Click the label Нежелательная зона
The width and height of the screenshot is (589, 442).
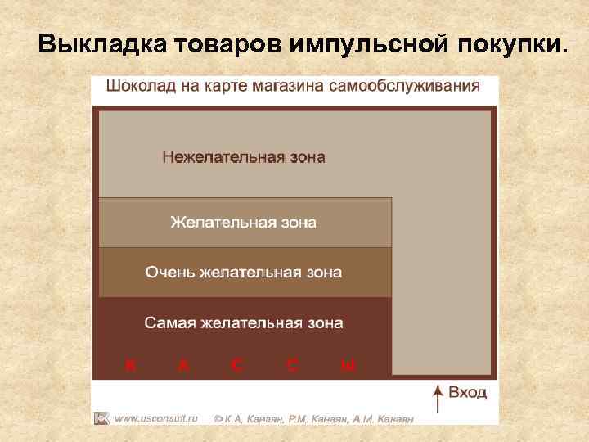(x=243, y=156)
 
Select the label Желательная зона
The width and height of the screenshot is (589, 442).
(x=243, y=222)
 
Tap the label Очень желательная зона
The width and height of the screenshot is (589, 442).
(x=243, y=272)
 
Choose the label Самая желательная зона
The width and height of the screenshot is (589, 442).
(x=243, y=322)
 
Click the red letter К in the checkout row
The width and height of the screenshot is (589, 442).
(x=130, y=365)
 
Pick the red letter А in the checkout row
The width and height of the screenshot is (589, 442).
(x=184, y=365)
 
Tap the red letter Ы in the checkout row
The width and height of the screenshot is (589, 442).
(x=348, y=365)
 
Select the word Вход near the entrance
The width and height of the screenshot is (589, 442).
(x=468, y=393)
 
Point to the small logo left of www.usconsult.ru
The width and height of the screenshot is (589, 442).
(x=101, y=417)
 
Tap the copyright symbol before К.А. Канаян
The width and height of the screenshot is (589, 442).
(x=218, y=418)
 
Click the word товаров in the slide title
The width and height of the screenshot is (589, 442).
(x=227, y=43)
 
